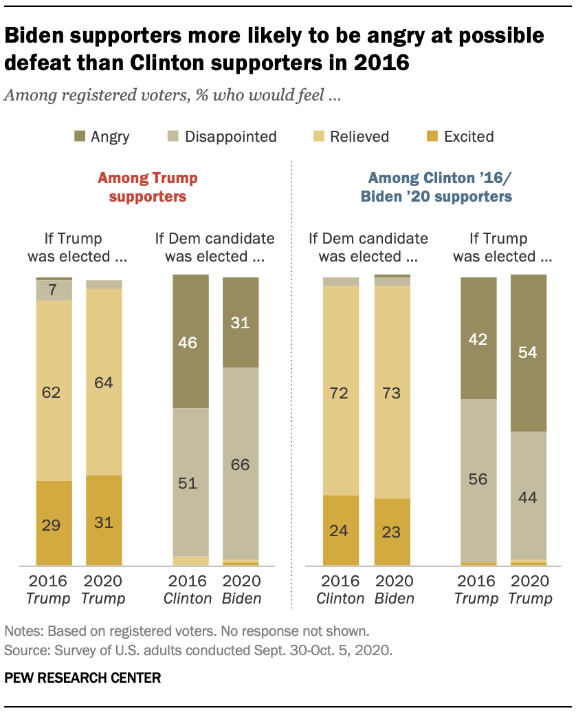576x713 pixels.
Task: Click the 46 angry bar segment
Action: [x=191, y=341]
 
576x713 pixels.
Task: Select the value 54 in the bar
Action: [x=529, y=353]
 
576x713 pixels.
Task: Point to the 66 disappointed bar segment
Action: [x=241, y=464]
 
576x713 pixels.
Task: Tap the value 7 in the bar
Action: [x=54, y=290]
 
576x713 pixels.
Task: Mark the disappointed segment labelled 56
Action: [x=478, y=480]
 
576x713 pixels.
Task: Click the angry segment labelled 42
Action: [x=478, y=339]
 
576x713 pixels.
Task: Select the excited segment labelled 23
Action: [x=392, y=531]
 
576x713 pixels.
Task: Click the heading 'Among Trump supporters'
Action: [x=147, y=187]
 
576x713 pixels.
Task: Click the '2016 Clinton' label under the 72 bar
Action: [x=340, y=589]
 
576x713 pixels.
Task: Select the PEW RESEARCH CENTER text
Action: [x=82, y=678]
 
